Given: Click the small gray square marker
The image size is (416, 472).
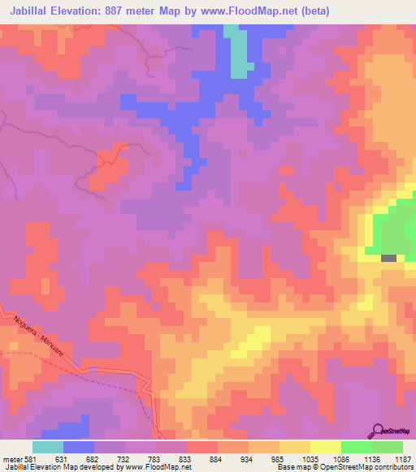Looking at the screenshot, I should (389, 258).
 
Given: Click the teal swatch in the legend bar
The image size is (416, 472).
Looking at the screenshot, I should (48, 447).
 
